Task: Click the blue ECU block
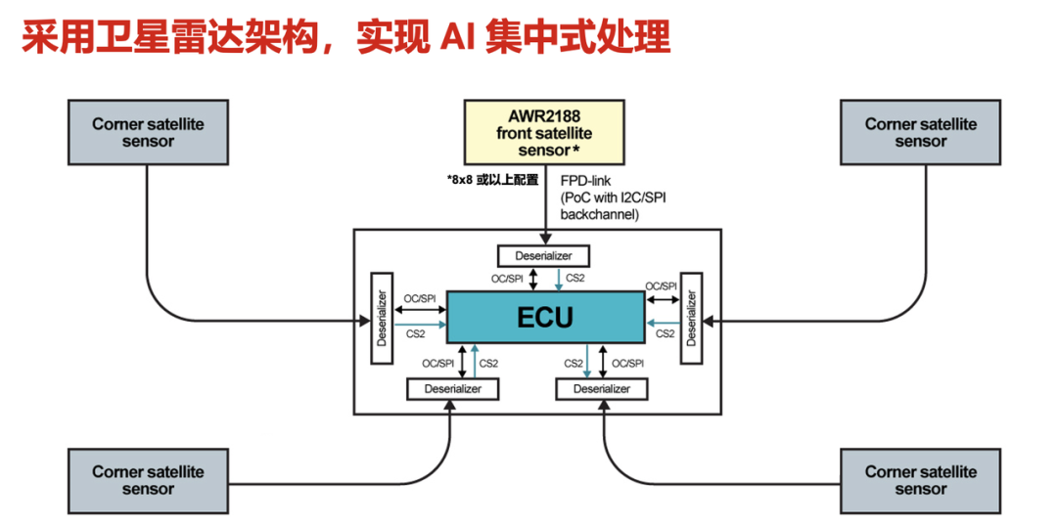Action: click(546, 317)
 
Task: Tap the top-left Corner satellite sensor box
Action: click(148, 132)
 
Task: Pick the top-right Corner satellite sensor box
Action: click(920, 132)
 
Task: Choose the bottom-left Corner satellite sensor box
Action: click(148, 480)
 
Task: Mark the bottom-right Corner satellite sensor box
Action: click(920, 480)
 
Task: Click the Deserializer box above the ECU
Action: click(544, 256)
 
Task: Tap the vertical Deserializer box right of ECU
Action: click(692, 317)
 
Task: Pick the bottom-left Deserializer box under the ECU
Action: click(452, 388)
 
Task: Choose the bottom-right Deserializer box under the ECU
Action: click(602, 388)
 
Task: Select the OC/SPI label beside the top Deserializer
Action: click(508, 278)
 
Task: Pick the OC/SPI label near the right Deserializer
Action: click(661, 285)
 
